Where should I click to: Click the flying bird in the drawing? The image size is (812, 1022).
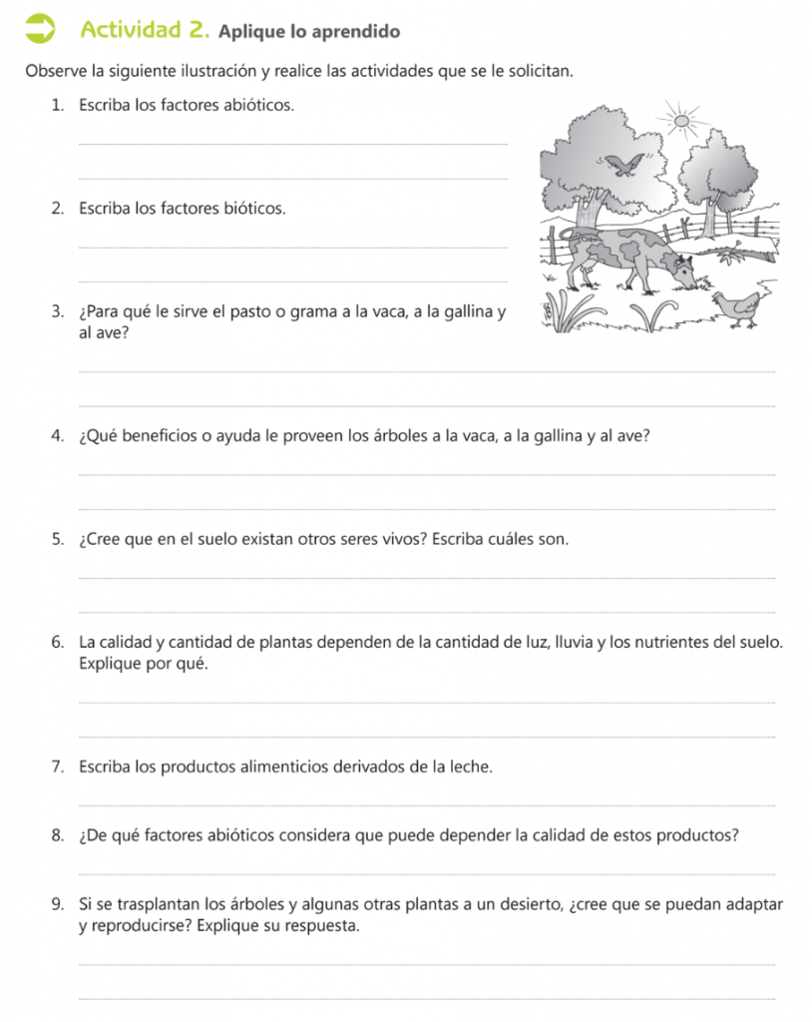623,164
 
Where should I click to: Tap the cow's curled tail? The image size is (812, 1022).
566,233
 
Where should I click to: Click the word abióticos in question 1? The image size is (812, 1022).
258,105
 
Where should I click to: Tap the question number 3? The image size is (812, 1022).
58,315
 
